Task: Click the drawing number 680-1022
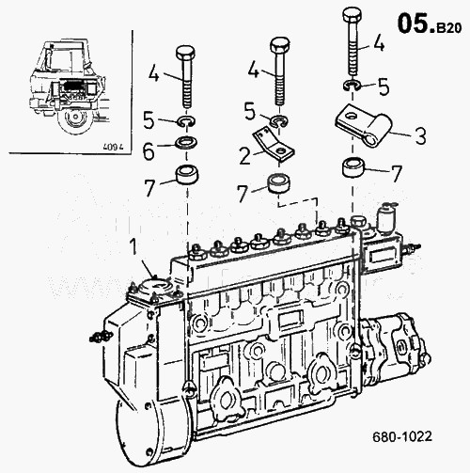402,436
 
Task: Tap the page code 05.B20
430,24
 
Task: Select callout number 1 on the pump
133,246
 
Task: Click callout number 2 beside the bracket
245,156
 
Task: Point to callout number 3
420,136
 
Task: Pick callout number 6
149,151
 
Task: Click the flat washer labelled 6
187,143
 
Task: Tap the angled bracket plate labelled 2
273,145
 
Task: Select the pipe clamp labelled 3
364,124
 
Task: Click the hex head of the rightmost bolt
352,15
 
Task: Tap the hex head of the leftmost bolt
185,54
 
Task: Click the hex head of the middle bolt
279,45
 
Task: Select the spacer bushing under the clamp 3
354,167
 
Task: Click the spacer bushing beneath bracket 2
278,184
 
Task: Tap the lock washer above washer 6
187,121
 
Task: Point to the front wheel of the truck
75,118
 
